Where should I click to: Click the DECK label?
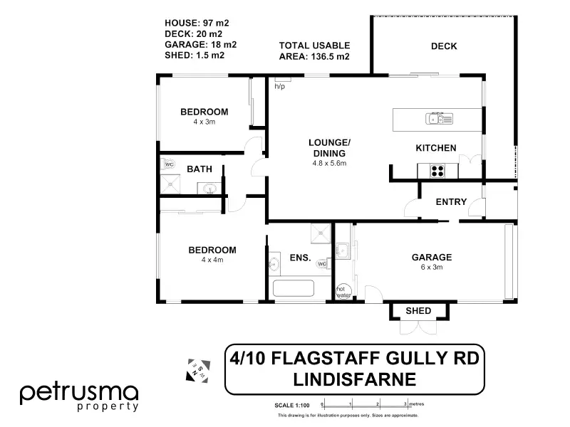[x=444, y=47]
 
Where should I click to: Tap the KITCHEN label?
[x=436, y=148]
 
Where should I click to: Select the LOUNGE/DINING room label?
[x=328, y=147]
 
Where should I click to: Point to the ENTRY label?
[x=451, y=202]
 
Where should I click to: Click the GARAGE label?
[x=432, y=258]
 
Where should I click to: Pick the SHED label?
[x=418, y=311]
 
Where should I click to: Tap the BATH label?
[x=199, y=169]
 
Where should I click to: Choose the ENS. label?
[x=300, y=258]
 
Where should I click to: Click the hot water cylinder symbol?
[x=343, y=291]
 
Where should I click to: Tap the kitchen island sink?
[x=436, y=119]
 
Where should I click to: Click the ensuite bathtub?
[x=292, y=289]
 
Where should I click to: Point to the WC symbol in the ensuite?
[x=321, y=264]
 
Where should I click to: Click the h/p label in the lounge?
[x=280, y=87]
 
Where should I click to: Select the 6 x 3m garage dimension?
[x=432, y=268]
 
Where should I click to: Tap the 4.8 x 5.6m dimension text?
[x=328, y=163]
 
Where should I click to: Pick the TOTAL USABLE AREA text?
[x=314, y=51]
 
